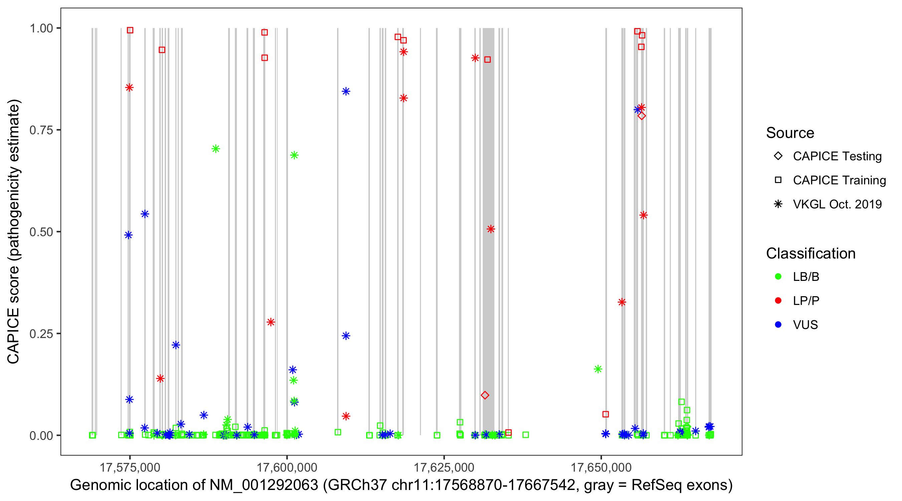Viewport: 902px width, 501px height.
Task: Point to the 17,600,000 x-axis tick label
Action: [x=287, y=467]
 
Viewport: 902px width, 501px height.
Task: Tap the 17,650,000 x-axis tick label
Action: [x=601, y=467]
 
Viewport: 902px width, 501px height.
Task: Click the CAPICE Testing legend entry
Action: [x=837, y=156]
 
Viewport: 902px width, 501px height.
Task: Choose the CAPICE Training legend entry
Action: [x=839, y=180]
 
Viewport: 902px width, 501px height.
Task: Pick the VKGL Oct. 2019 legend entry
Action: [x=837, y=204]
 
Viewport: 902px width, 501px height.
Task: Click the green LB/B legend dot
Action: [x=778, y=277]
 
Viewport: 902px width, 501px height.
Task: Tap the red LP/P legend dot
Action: [x=778, y=301]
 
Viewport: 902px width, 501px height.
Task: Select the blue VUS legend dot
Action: [x=778, y=325]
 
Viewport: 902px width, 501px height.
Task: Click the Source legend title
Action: [x=790, y=133]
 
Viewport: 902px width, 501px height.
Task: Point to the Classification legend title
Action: [x=810, y=254]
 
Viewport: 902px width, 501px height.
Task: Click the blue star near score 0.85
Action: [x=346, y=92]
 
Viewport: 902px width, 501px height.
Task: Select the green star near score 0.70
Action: [x=216, y=149]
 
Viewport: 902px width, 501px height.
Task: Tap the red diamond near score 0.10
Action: [x=485, y=395]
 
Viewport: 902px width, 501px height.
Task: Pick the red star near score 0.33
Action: [x=622, y=302]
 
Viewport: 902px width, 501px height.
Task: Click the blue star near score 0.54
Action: [x=145, y=214]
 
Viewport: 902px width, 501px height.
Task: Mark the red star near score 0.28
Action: [x=271, y=322]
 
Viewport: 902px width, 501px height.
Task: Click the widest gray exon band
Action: [x=488, y=210]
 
